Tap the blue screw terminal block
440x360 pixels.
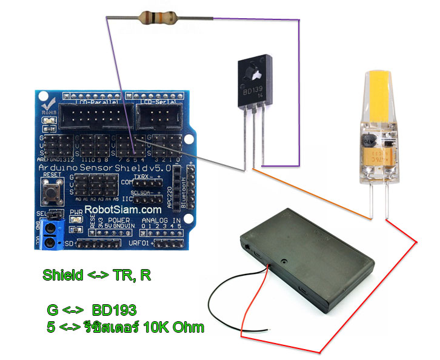click(x=53, y=235)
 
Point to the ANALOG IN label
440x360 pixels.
click(x=161, y=220)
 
